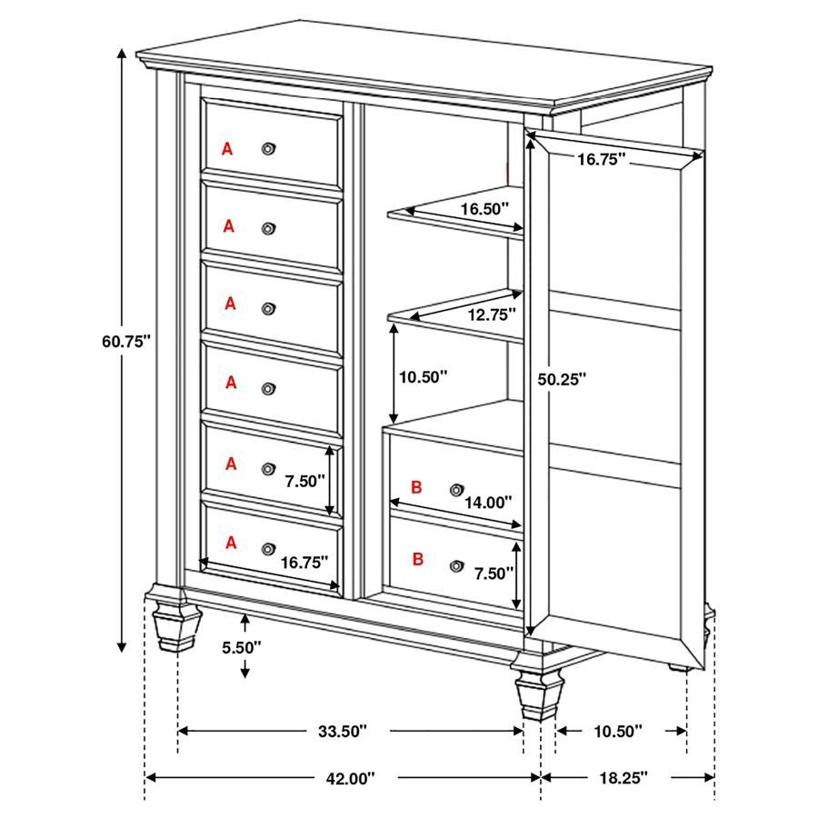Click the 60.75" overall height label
coord(125,342)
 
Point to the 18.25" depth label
coord(623,778)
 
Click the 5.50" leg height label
coord(241,647)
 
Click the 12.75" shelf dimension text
coord(491,314)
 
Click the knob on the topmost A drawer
coord(268,148)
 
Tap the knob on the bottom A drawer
coord(268,548)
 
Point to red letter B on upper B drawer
coord(416,487)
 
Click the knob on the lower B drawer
coord(455,565)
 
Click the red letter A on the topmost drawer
coord(227,148)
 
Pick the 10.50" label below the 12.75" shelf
coord(424,375)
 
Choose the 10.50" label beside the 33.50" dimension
coord(617,731)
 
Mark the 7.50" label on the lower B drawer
coord(494,573)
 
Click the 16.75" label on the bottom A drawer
coord(304,562)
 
